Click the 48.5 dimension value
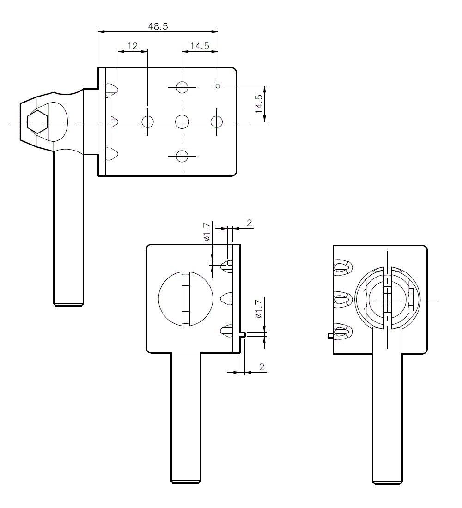pyautogui.click(x=158, y=26)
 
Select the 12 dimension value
pyautogui.click(x=132, y=46)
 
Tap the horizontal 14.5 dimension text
pyautogui.click(x=200, y=46)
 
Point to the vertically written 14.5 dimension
pyautogui.click(x=259, y=103)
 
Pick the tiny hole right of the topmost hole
pyautogui.click(x=218, y=86)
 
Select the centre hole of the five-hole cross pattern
pyautogui.click(x=182, y=122)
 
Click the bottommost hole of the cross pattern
pyautogui.click(x=182, y=156)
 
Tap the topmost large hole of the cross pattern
pyautogui.click(x=182, y=87)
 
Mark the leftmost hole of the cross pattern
pyautogui.click(x=147, y=122)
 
